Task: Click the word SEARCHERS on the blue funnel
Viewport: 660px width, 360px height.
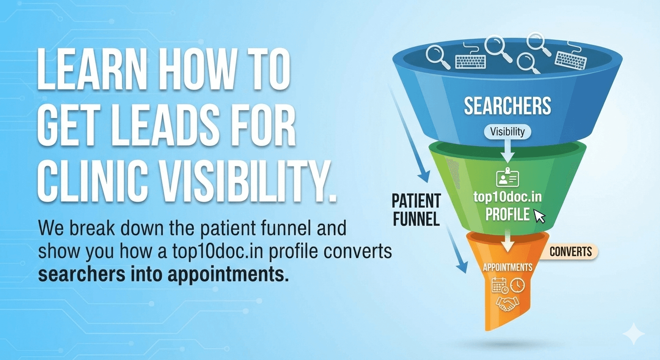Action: (x=507, y=106)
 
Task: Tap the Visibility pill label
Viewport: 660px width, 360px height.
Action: (x=507, y=132)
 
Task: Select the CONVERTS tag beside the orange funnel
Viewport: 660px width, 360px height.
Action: (x=570, y=252)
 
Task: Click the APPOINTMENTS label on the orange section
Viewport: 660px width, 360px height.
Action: (x=508, y=268)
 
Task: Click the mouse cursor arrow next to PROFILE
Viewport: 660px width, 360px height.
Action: (x=540, y=216)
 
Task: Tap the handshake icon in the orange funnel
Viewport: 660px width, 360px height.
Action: (x=508, y=303)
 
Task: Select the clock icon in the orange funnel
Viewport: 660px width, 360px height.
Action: (x=517, y=285)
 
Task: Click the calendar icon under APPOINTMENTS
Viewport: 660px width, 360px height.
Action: (x=499, y=285)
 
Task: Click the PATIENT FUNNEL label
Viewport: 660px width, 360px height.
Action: (x=416, y=210)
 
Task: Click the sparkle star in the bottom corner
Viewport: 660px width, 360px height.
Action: (x=633, y=334)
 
